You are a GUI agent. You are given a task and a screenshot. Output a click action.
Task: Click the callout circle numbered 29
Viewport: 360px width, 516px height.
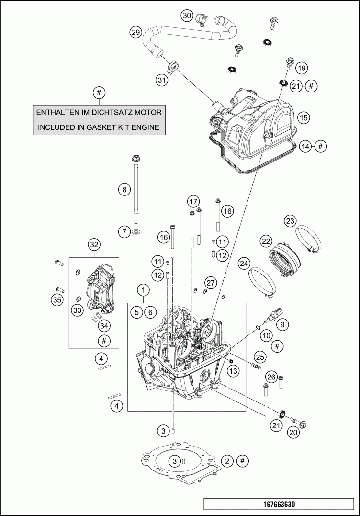135,32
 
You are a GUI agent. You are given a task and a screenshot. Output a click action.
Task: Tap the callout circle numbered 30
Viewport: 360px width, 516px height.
187,15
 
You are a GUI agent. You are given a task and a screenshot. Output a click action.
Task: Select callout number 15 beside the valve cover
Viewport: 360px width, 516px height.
304,117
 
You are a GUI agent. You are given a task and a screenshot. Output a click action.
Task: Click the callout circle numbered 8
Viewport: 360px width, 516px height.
124,190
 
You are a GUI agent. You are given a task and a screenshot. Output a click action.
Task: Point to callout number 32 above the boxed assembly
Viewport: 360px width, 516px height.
94,245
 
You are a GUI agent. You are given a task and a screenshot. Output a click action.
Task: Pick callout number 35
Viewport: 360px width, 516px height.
57,300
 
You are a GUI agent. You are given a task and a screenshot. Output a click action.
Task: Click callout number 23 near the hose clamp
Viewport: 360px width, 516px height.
290,221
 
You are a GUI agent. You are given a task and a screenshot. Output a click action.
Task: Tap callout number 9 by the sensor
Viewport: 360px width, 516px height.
282,324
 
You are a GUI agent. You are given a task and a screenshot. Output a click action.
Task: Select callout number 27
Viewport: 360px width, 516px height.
211,283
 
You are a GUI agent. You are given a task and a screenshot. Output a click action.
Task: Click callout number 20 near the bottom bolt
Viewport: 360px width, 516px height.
293,432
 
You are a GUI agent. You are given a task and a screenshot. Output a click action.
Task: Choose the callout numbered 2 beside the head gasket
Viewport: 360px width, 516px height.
227,461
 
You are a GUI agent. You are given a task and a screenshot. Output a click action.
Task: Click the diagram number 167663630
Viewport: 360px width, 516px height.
279,505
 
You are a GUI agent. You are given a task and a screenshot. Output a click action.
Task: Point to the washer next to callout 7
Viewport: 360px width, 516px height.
136,233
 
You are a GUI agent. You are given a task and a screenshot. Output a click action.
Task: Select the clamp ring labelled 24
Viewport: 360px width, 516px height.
261,283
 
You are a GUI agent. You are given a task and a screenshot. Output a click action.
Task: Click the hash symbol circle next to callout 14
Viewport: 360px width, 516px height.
321,146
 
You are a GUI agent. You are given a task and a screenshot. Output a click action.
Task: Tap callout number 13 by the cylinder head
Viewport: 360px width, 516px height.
233,371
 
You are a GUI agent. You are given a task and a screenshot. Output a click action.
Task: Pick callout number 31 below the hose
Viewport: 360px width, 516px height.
162,80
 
